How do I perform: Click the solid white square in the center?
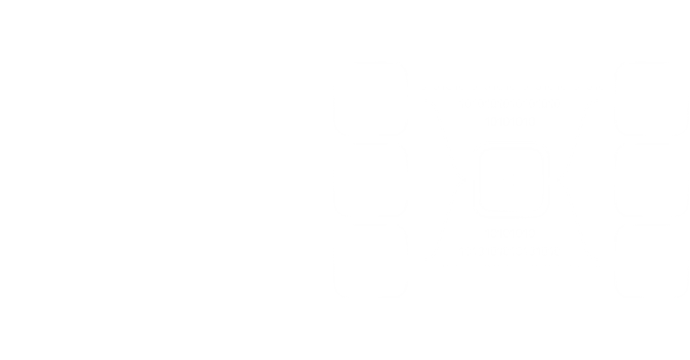point(512,179)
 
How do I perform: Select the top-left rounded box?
point(371,98)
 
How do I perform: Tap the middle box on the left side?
point(371,179)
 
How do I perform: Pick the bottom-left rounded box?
point(371,260)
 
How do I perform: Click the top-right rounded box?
point(651,98)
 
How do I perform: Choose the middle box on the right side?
point(651,179)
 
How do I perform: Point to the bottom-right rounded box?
point(651,260)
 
